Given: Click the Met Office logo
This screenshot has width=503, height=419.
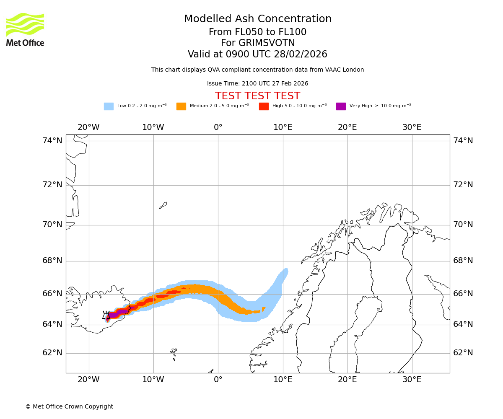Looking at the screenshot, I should click(25, 29).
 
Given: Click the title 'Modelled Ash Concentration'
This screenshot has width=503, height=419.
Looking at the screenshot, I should click(257, 19).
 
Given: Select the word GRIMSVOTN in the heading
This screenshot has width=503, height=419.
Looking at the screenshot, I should click(257, 43).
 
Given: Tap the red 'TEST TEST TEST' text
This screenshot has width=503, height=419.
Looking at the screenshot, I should click(257, 96).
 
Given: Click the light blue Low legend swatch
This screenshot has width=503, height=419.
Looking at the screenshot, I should click(109, 106).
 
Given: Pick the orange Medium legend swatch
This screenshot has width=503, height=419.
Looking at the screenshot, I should click(181, 106).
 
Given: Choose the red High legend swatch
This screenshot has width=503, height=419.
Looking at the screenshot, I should click(264, 106).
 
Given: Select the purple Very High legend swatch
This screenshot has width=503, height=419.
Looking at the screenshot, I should click(341, 106).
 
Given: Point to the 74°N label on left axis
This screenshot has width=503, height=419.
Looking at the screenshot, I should click(52, 141).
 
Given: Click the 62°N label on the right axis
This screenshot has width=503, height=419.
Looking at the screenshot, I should click(463, 353).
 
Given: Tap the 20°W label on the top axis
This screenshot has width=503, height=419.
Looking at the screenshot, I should click(88, 127).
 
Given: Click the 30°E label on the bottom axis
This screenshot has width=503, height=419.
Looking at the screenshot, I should click(412, 380).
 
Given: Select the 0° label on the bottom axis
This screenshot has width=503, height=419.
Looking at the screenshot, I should click(218, 380).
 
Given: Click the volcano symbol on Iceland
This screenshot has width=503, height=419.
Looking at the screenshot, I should click(106, 315).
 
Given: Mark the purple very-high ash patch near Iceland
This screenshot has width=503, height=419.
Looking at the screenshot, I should click(113, 315).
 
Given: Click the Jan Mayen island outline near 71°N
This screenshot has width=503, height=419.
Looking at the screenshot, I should click(163, 205).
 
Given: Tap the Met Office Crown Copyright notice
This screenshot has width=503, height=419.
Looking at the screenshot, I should click(69, 406).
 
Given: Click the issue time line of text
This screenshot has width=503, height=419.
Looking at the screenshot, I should click(257, 83).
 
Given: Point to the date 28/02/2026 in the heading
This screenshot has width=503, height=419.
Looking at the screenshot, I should click(301, 54).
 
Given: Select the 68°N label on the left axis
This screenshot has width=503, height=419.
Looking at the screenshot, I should click(52, 261).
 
